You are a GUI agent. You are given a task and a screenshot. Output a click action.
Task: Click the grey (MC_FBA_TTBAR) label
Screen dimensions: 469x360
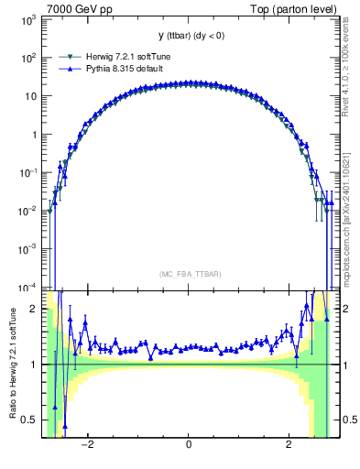coord(188,274)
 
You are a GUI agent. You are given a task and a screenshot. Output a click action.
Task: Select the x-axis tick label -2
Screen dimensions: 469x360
coord(87,445)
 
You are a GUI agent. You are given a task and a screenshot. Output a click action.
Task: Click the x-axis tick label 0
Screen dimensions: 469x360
coord(188,445)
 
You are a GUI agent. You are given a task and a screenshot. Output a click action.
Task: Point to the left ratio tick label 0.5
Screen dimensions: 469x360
coord(29,420)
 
